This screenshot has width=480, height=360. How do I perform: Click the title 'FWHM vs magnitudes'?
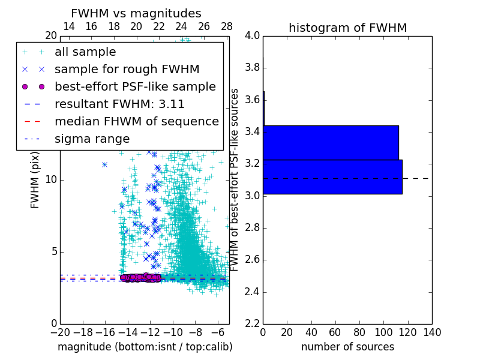[136, 13]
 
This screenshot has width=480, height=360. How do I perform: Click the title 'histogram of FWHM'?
[347, 28]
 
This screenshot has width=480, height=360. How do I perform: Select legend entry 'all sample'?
[85, 52]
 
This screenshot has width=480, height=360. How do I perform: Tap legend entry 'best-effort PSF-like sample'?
[135, 86]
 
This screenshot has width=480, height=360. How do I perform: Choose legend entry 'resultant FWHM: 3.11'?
[119, 104]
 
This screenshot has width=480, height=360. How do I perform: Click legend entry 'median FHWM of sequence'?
[136, 121]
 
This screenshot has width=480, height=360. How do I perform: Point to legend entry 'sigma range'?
[92, 139]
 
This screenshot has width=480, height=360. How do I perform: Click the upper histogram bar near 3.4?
[331, 142]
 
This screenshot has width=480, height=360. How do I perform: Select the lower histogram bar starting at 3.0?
[332, 176]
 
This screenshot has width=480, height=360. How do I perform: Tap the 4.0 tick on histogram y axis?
[253, 35]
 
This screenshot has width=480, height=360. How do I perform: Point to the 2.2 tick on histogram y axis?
[253, 324]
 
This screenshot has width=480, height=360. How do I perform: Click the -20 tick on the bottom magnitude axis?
[60, 332]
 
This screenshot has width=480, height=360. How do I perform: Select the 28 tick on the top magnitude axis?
[227, 26]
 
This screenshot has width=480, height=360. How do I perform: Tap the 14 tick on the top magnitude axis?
[69, 26]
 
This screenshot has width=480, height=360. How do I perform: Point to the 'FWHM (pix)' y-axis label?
[35, 180]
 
